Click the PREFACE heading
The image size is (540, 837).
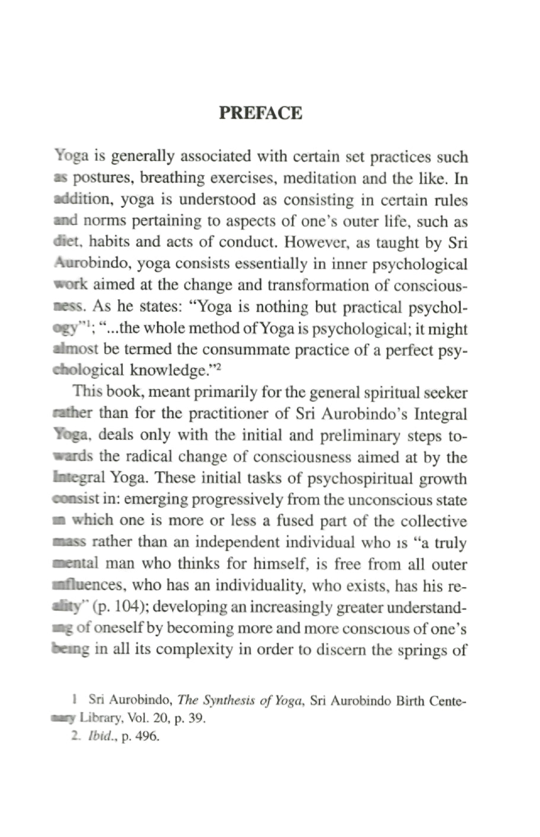(260, 112)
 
